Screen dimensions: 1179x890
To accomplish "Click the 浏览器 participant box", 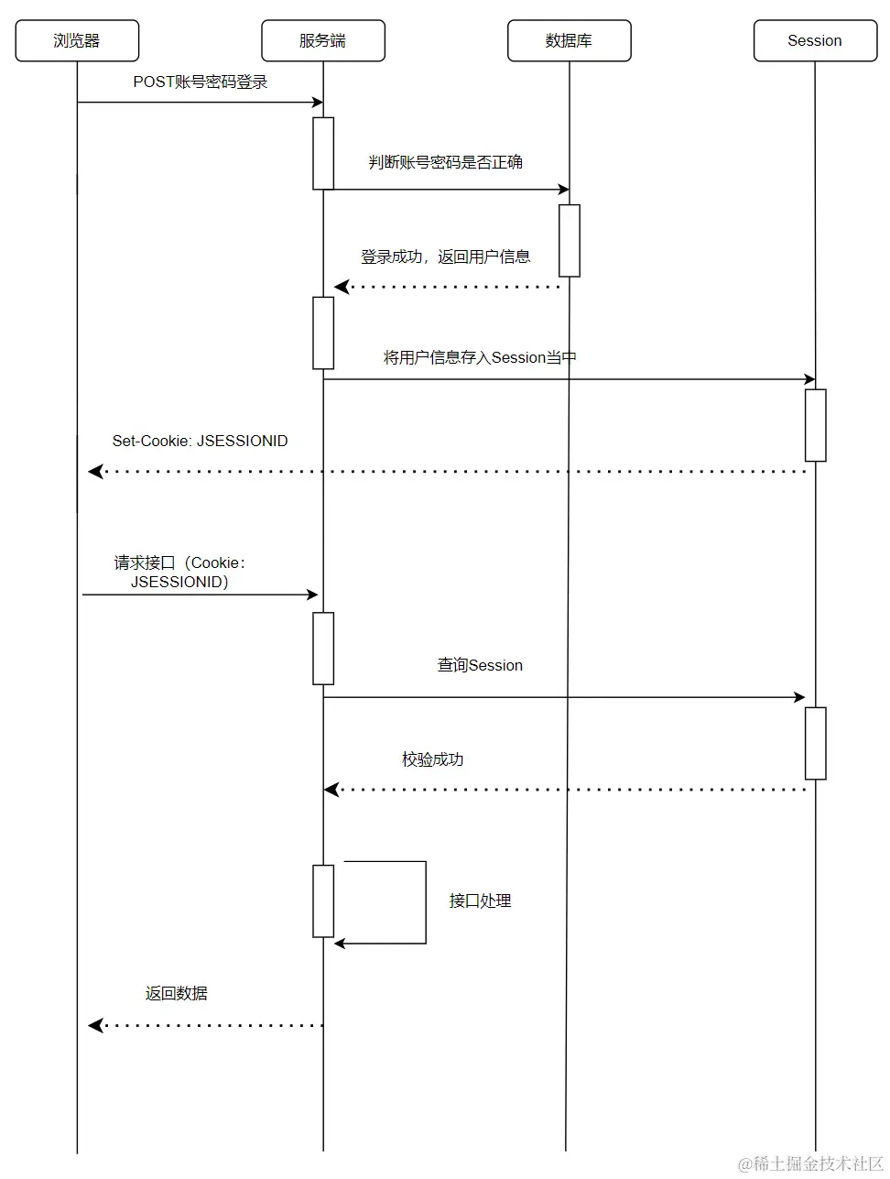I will (77, 41).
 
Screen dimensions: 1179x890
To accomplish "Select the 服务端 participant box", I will (322, 41).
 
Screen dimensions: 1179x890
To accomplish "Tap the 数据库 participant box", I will (569, 41).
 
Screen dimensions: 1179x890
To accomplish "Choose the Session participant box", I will (815, 41).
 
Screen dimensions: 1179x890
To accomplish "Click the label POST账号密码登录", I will (201, 82).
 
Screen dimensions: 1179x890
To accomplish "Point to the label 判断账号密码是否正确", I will (445, 162).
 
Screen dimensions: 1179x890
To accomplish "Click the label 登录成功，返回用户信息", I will (445, 257).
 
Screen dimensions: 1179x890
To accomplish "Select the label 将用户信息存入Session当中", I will (480, 357).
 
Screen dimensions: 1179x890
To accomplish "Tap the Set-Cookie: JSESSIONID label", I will (200, 441).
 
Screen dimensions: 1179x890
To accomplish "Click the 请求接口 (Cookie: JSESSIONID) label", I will (179, 572).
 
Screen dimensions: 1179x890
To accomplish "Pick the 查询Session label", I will (480, 665).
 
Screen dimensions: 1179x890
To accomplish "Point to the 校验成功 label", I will (432, 759).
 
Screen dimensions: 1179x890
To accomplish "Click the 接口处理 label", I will (480, 901).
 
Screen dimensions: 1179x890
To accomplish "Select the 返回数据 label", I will (177, 993).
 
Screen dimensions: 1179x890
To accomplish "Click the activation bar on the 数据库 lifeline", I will (569, 240).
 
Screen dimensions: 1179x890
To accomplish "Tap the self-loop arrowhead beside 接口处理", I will (340, 943).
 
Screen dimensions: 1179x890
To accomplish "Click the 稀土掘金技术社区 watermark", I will (810, 1163).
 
